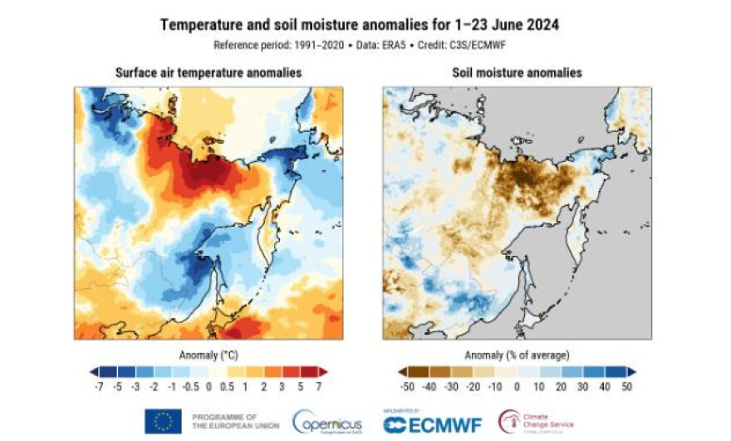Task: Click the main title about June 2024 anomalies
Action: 359,25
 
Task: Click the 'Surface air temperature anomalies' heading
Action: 208,73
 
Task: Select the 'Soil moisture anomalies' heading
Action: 517,73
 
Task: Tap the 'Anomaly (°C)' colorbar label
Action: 208,355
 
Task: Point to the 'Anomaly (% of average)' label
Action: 517,355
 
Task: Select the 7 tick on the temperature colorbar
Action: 318,387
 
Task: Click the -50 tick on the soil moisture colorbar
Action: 408,387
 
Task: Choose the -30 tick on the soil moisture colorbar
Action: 451,387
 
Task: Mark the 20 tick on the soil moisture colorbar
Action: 561,387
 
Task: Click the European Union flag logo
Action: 163,421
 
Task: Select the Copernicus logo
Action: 326,422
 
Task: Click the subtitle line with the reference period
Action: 359,45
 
